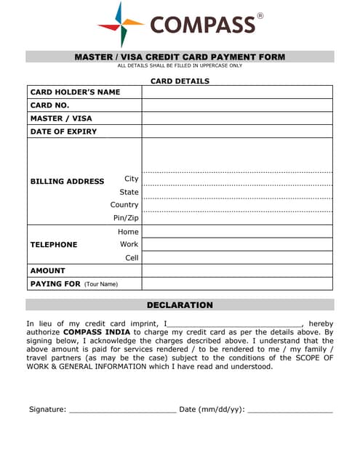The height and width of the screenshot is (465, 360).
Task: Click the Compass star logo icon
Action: click(121, 25)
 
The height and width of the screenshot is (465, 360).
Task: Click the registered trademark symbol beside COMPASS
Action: click(260, 16)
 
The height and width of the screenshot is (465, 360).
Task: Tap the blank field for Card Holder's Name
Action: click(237, 92)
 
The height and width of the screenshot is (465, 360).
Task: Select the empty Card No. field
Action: click(237, 105)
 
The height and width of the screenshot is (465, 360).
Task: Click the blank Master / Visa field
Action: click(237, 118)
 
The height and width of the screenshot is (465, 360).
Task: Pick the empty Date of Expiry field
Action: click(237, 132)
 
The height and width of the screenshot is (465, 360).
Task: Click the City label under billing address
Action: click(131, 179)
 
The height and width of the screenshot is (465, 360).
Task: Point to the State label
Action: click(129, 192)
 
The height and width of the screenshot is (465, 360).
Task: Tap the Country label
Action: click(124, 205)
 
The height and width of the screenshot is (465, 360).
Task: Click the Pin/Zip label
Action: click(126, 218)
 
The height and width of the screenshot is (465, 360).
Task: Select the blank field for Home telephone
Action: click(237, 231)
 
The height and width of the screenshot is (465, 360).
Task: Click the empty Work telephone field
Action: click(237, 244)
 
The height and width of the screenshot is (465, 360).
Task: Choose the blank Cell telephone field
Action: click(237, 257)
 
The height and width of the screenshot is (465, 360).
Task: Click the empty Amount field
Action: click(237, 270)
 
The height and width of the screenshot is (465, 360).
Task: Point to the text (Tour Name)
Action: click(101, 284)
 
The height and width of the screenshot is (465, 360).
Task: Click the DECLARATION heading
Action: click(180, 305)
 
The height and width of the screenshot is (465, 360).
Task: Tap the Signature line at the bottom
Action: click(121, 410)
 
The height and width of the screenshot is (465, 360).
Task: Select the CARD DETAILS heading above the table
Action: click(180, 81)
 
